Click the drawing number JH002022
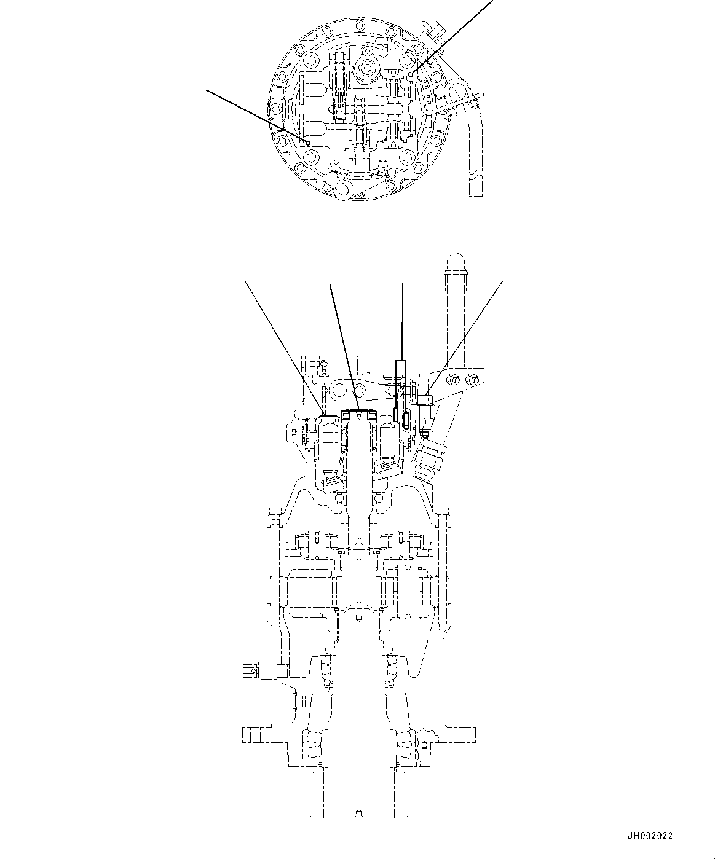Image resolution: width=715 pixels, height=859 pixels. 650,836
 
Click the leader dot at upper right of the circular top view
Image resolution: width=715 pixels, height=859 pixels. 410,74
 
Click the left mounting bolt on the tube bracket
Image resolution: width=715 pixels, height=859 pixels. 452,379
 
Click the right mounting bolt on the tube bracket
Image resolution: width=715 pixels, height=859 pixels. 472,379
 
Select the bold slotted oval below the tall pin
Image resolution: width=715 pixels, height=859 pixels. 406,420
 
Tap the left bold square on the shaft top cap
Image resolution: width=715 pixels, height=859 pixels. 346,416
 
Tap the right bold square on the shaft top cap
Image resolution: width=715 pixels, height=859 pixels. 371,416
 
